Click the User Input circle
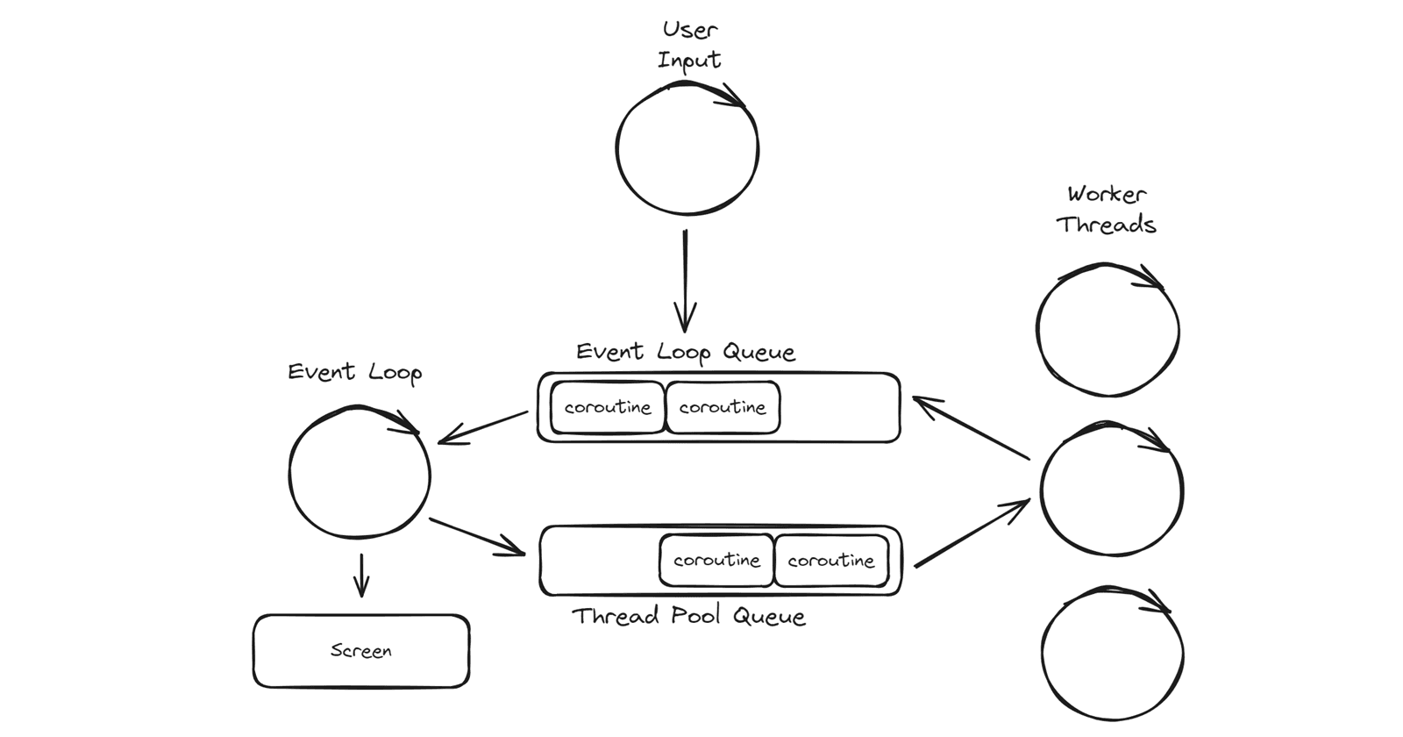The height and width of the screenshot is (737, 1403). click(687, 148)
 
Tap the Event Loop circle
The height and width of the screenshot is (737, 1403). click(360, 473)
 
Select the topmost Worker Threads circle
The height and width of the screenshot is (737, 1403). click(1107, 331)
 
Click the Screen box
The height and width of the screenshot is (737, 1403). click(361, 651)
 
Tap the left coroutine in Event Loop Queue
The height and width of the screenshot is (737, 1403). click(608, 408)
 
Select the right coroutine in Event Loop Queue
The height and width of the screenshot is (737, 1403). click(723, 408)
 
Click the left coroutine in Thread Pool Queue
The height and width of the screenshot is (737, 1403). click(716, 561)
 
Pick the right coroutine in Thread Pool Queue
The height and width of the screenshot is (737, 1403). click(830, 561)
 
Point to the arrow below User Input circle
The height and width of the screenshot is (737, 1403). click(685, 281)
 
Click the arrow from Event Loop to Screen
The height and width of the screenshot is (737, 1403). click(361, 576)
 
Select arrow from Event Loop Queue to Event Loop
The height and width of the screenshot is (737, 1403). click(482, 427)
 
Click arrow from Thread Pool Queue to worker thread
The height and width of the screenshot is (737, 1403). click(972, 533)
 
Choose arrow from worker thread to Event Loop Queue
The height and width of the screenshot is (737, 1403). click(970, 428)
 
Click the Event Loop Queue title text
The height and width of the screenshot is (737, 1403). click(686, 353)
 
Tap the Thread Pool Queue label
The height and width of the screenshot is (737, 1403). click(688, 616)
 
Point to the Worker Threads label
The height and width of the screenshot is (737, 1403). click(1107, 210)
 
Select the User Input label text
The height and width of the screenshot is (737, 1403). click(689, 45)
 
